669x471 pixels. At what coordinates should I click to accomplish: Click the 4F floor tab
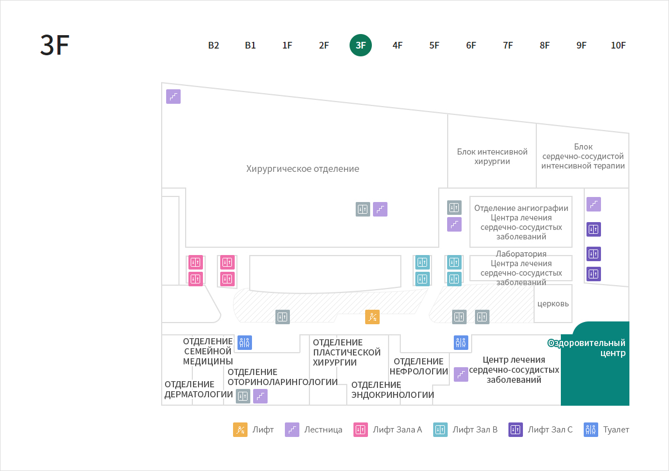397,45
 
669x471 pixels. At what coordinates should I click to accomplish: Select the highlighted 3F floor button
361,45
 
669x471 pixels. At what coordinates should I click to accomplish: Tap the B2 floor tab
214,45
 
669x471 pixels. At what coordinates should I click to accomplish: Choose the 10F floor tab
618,45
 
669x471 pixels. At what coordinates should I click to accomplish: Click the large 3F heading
55,45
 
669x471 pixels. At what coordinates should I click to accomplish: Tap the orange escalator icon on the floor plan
372,316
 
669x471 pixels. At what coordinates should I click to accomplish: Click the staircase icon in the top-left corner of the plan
173,97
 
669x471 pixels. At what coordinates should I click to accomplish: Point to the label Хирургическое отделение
303,169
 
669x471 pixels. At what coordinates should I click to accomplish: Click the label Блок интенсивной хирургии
492,156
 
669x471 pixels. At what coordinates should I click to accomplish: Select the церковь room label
553,304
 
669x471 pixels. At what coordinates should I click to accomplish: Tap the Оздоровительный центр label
586,348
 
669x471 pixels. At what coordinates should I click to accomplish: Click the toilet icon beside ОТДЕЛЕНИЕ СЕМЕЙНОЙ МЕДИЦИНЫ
245,343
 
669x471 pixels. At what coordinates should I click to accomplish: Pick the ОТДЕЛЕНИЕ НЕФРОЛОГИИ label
419,366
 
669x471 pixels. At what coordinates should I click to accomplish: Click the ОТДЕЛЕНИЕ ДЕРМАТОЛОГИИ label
198,389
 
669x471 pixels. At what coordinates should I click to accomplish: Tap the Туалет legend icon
591,430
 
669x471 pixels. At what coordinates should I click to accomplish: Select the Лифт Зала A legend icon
361,430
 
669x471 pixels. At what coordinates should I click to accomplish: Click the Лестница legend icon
292,430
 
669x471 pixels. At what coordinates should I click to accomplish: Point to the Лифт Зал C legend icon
516,430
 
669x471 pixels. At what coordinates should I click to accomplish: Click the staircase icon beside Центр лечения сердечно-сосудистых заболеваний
461,374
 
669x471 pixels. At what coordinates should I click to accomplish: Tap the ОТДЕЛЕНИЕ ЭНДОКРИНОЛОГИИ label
392,390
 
